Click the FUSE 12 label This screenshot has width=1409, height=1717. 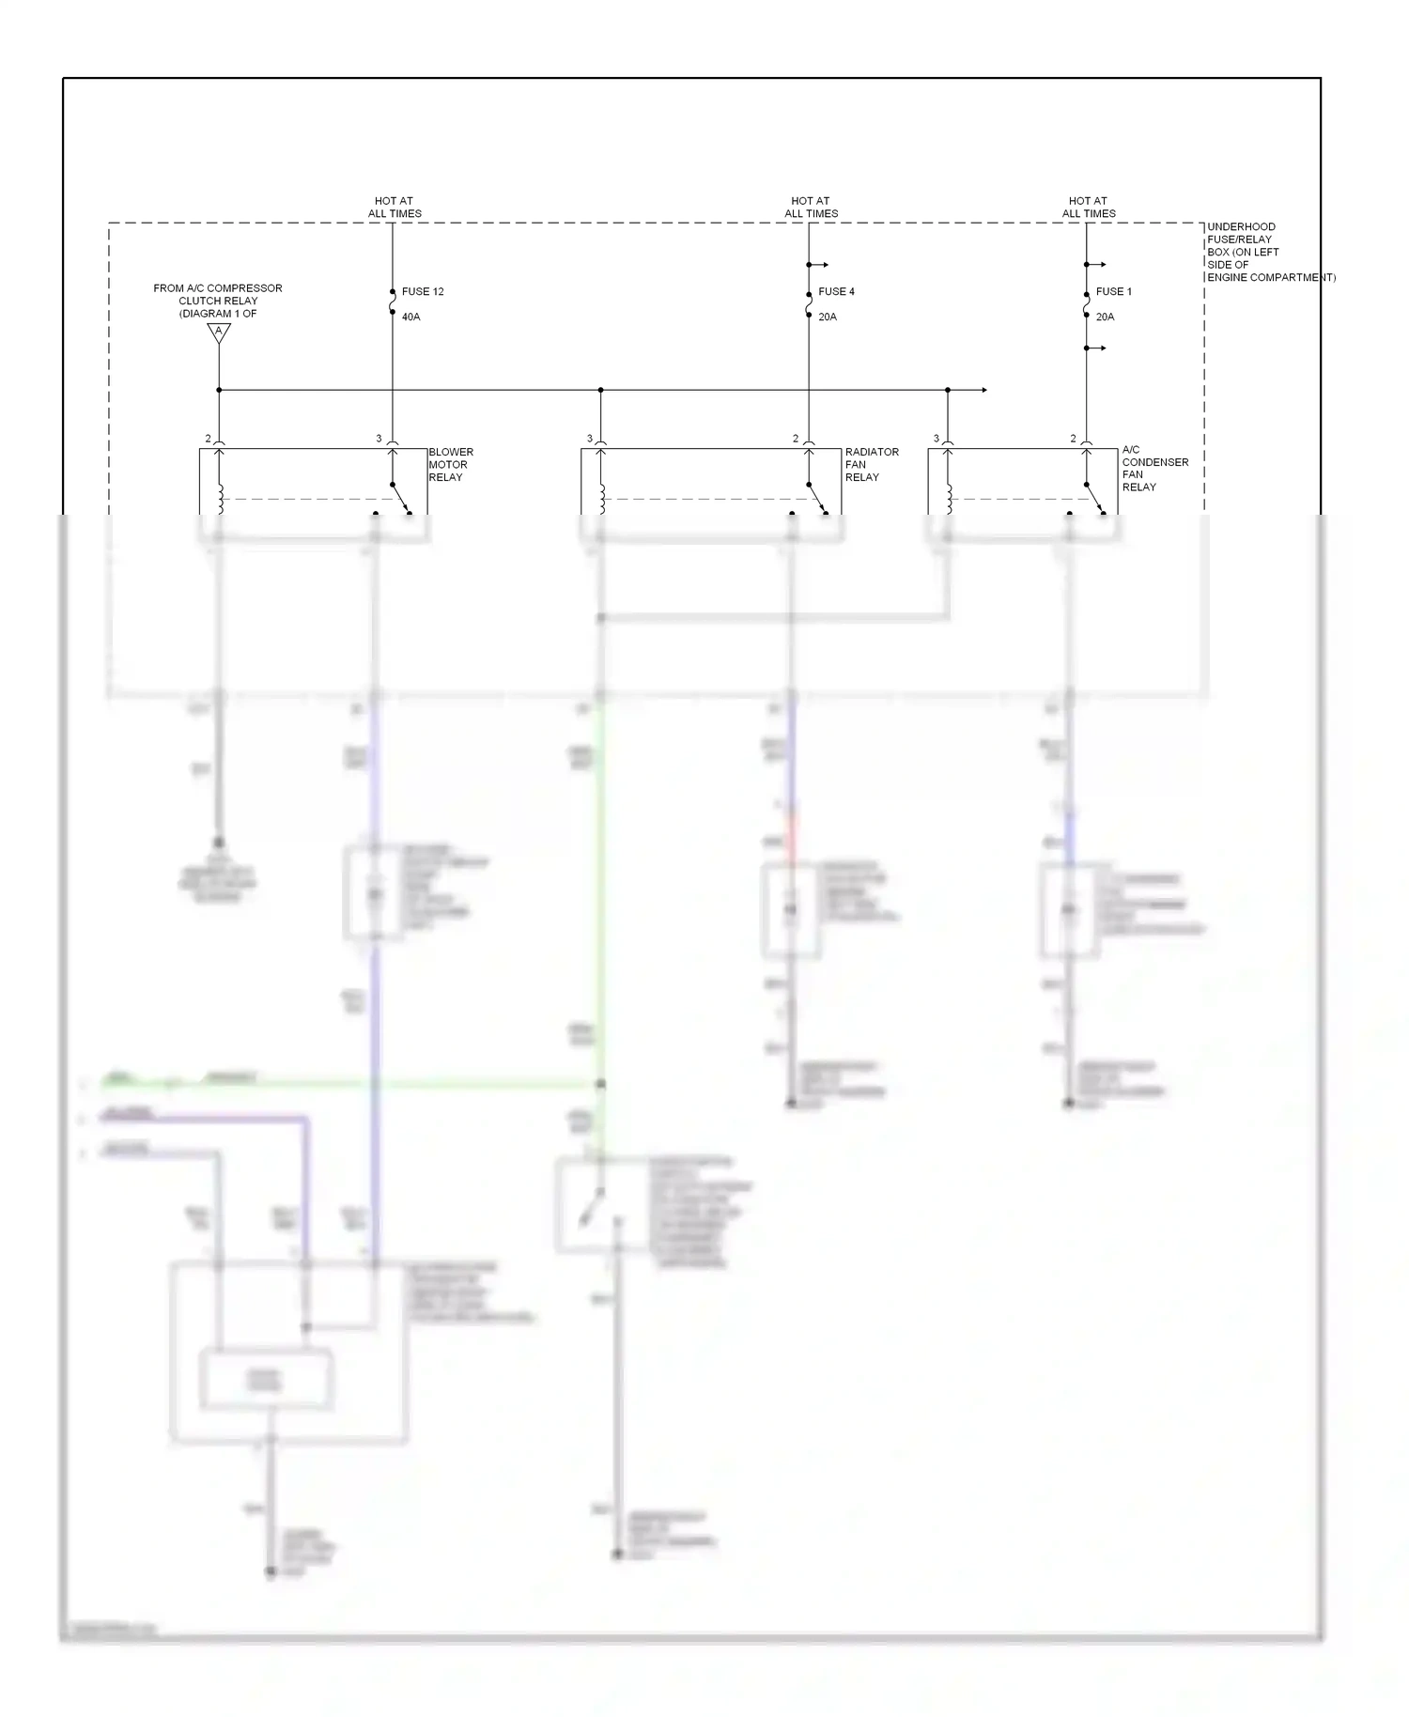tap(423, 292)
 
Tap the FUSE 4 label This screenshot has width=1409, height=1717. tap(836, 292)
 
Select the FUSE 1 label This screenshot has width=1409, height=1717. tap(1114, 292)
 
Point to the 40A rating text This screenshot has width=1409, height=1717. tap(410, 317)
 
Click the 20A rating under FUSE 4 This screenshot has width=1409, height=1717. tap(828, 317)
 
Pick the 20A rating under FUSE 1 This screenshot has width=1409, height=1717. tap(1105, 317)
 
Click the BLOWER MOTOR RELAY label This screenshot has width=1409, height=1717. tap(451, 465)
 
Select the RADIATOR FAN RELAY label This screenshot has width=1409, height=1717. tap(871, 465)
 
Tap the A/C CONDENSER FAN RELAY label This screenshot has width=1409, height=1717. tap(1154, 468)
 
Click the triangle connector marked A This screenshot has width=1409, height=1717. tap(219, 332)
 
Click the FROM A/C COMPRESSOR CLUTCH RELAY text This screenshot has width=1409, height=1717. tap(218, 301)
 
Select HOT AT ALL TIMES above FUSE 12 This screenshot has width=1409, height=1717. tap(395, 208)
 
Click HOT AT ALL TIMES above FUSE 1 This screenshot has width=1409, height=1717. tap(1089, 208)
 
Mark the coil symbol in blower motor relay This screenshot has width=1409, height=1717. tap(220, 498)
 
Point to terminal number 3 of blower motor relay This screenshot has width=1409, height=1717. tap(379, 439)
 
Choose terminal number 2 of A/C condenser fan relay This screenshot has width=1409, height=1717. tap(1073, 439)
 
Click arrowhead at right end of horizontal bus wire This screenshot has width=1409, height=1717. tap(983, 390)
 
